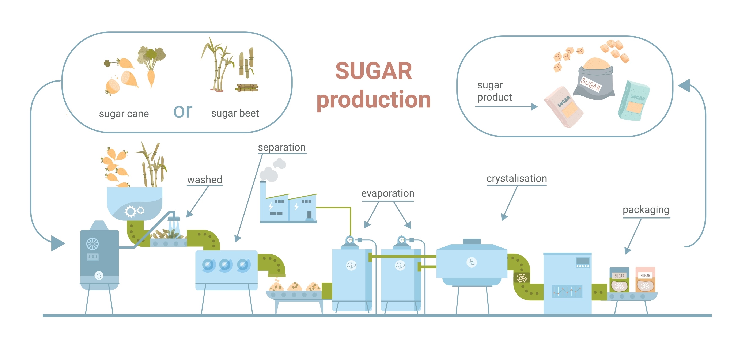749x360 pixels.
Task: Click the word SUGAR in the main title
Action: click(x=374, y=71)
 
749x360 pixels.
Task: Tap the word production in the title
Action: click(x=374, y=99)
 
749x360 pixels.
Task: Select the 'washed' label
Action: click(x=205, y=179)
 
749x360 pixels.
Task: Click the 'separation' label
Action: click(x=282, y=147)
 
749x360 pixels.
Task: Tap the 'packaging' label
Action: click(x=646, y=209)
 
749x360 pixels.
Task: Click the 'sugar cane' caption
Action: click(x=124, y=113)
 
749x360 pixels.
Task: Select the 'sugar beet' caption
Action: click(x=235, y=113)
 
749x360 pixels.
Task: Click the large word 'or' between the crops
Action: click(x=183, y=111)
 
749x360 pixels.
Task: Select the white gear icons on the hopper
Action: click(x=134, y=211)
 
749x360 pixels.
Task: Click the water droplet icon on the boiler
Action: click(x=99, y=275)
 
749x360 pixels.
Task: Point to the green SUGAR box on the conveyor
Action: click(x=619, y=280)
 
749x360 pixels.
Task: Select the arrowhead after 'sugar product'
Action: click(x=534, y=107)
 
